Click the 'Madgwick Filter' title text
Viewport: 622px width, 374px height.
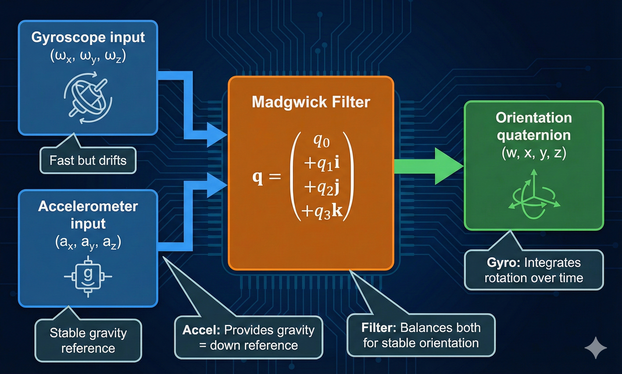coord(311,102)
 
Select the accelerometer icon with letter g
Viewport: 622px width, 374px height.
coord(88,277)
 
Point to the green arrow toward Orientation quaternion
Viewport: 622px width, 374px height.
coord(429,166)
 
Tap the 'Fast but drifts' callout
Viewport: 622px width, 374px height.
coord(88,161)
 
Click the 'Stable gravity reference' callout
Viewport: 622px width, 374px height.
coord(88,341)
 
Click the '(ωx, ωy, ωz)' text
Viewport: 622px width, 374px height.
coord(88,57)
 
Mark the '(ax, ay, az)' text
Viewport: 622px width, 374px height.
coord(88,242)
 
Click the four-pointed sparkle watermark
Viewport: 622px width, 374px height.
coord(596,348)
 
